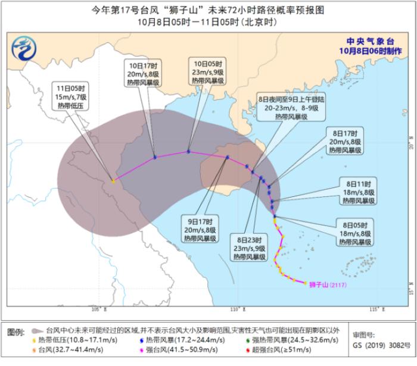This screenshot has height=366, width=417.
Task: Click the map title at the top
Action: point(208,10)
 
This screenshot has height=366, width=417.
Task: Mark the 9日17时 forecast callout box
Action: point(200,229)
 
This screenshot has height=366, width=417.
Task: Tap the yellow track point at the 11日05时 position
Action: point(113,180)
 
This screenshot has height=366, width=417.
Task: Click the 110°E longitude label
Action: point(236,309)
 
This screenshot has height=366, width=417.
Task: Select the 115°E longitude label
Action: point(375,309)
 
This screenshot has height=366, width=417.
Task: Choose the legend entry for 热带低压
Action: point(66,340)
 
